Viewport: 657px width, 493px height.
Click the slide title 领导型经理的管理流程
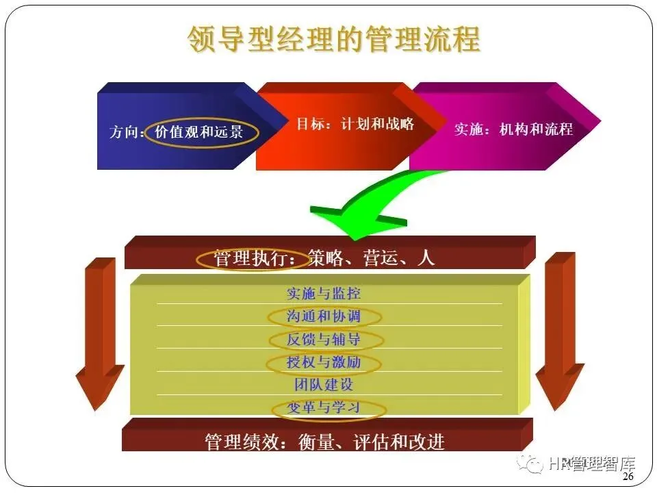click(x=333, y=40)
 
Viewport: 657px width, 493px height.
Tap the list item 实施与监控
click(x=324, y=293)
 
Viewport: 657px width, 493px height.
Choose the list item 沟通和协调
click(x=324, y=316)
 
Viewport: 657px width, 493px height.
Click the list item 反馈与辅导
click(x=324, y=340)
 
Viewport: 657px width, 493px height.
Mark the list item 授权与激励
click(x=324, y=362)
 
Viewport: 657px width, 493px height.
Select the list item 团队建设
click(x=324, y=385)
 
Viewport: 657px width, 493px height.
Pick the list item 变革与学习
click(x=324, y=408)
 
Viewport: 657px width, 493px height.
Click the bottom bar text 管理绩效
click(x=244, y=442)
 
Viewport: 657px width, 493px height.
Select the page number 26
click(x=628, y=477)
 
